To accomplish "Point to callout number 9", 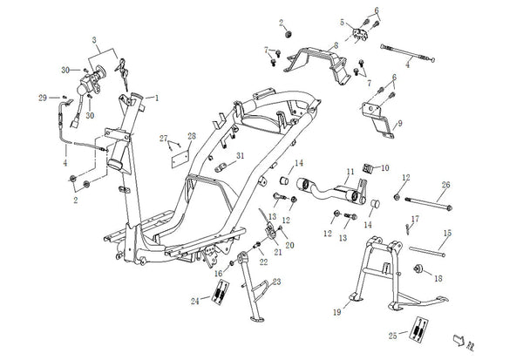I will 399,123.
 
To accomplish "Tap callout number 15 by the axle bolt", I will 448,233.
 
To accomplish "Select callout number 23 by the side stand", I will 277,282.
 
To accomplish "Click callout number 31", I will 241,155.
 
